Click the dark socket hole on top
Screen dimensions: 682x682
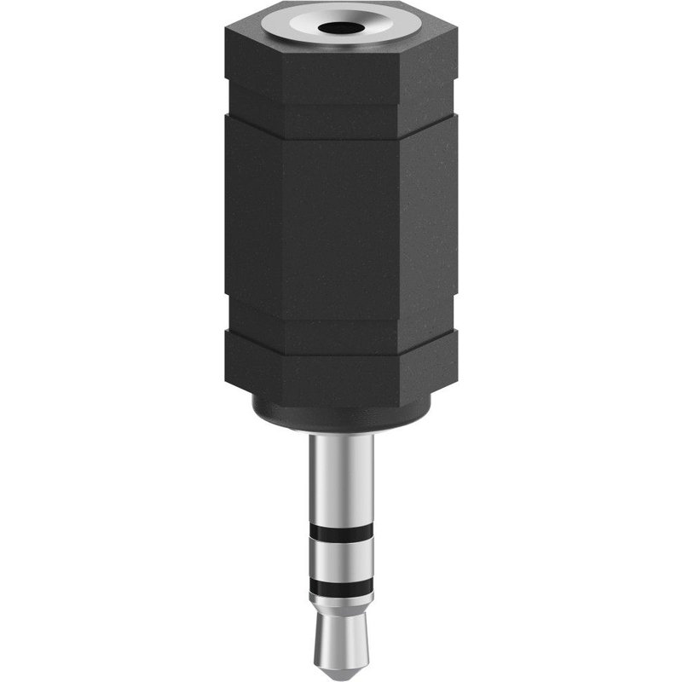click(341, 26)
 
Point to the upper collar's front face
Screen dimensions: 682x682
click(341, 72)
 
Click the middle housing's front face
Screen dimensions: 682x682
click(341, 222)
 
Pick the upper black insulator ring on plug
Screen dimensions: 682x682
click(341, 533)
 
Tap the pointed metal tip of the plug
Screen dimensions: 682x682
click(341, 644)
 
